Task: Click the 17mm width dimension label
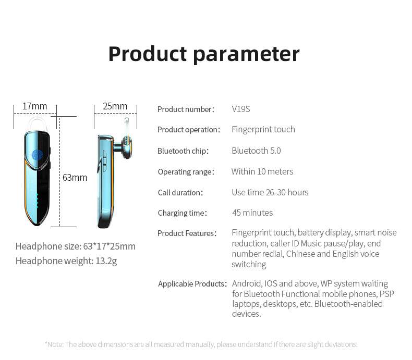pos(35,106)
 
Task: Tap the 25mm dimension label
pos(115,106)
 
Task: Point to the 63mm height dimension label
pos(75,178)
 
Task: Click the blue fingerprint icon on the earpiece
pos(37,155)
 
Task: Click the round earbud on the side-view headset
pos(126,147)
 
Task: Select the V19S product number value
pos(241,109)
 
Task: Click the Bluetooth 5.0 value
pos(256,151)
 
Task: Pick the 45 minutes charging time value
pos(252,213)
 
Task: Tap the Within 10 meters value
pos(262,171)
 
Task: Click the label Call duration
pos(180,193)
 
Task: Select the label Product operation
pos(189,130)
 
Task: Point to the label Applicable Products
pos(192,283)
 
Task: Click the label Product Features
pos(187,233)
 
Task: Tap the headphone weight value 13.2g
pos(106,261)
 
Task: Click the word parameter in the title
pos(246,55)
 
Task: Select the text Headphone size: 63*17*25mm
pos(76,246)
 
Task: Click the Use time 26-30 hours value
pos(270,192)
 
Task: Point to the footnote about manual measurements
pos(201,344)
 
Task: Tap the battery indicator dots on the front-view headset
pos(37,201)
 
